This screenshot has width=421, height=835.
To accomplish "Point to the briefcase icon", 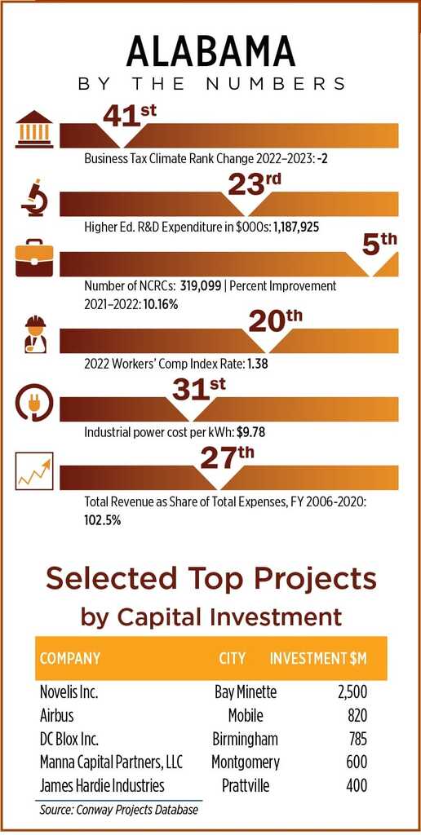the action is [34, 258].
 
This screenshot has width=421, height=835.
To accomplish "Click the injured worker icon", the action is [35, 334].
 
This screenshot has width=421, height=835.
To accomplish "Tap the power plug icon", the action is [34, 403].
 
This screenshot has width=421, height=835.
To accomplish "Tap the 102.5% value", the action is [102, 519].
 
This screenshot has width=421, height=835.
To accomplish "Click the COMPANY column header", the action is [70, 658].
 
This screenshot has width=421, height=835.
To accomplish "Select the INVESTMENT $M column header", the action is [318, 658].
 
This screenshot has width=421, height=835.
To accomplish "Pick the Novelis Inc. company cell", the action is [69, 693].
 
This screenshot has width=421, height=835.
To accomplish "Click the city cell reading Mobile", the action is [246, 715].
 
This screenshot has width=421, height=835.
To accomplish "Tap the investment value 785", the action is [356, 739].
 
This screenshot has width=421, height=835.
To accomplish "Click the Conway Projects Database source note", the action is [118, 810].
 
